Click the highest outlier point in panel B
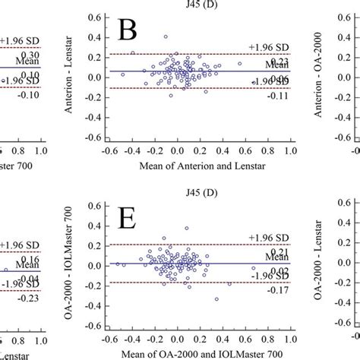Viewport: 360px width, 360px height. pos(166,36)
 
